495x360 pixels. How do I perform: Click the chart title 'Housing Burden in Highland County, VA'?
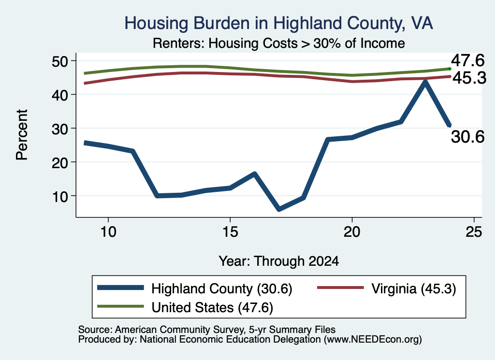[278, 23]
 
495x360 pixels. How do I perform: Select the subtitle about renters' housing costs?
[279, 43]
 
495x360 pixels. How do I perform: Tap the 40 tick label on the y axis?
[60, 94]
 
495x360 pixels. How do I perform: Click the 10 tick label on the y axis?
[60, 196]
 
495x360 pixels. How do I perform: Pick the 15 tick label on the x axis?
[230, 232]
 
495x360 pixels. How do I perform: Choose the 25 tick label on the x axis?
[474, 232]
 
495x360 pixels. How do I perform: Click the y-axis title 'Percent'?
[22, 135]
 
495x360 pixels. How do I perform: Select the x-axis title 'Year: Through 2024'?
[279, 261]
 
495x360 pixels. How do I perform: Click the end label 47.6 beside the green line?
[467, 60]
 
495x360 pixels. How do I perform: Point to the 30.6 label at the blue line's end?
[467, 137]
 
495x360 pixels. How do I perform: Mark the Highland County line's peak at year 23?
[425, 82]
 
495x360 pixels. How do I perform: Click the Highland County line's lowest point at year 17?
[279, 209]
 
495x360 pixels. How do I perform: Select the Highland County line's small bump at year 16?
[254, 173]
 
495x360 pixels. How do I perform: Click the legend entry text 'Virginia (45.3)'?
[414, 288]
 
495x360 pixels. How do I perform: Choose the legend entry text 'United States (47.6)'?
[212, 307]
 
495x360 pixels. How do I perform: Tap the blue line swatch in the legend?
[120, 288]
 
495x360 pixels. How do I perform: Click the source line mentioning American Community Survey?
[207, 330]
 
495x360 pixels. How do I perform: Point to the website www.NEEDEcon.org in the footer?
[372, 340]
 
